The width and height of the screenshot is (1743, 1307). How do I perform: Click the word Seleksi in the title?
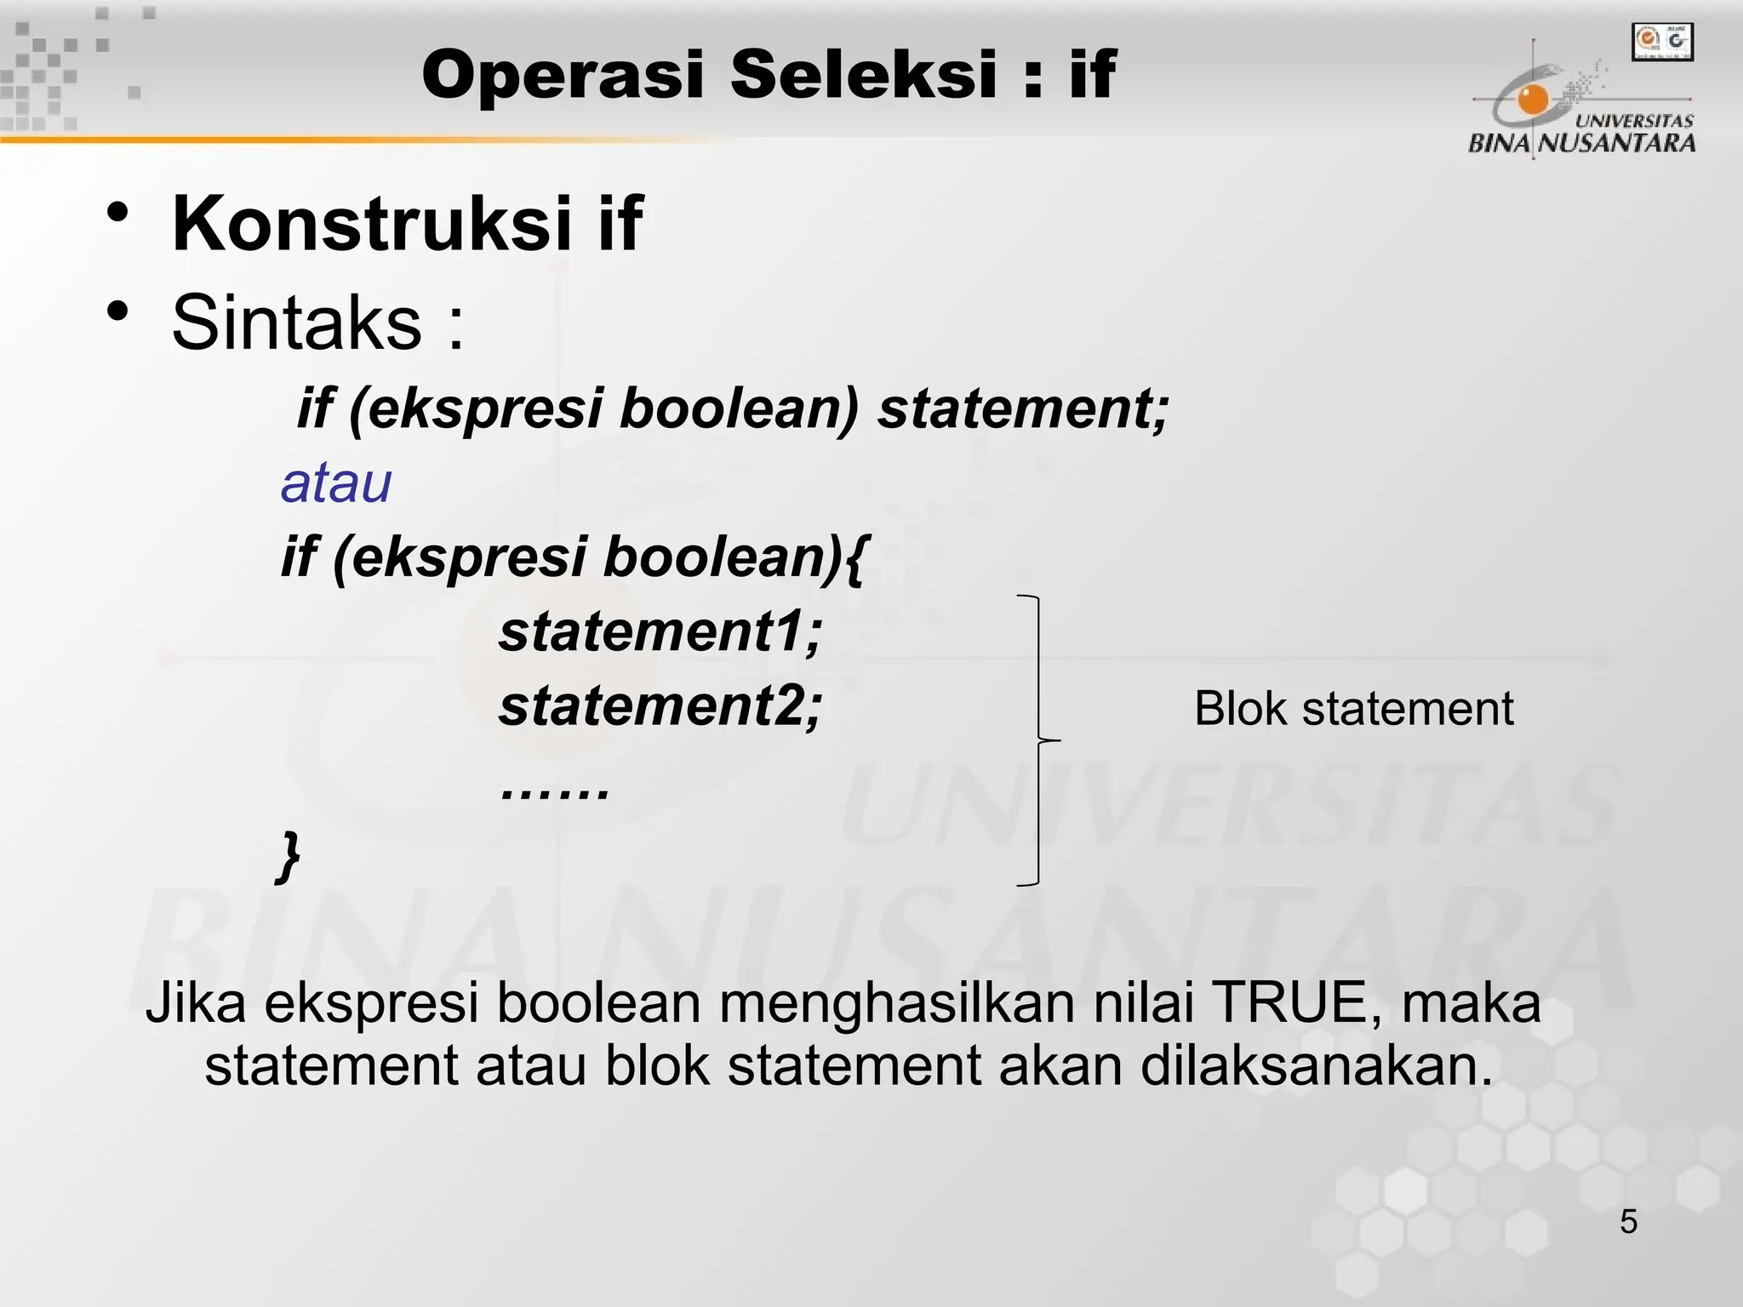[863, 75]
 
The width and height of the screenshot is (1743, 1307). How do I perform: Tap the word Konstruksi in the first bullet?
[372, 224]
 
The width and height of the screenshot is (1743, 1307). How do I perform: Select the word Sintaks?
[296, 322]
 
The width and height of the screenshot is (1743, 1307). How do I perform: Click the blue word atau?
[336, 483]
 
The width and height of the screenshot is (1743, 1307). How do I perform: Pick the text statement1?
[660, 632]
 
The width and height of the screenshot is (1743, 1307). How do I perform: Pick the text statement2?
[660, 706]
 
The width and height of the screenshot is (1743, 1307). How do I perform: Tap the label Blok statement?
[1353, 708]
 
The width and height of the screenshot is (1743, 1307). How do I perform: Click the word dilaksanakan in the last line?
[1316, 1065]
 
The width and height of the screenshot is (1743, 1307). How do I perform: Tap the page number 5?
[1628, 1222]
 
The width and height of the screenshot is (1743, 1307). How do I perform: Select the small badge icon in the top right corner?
[1662, 42]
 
